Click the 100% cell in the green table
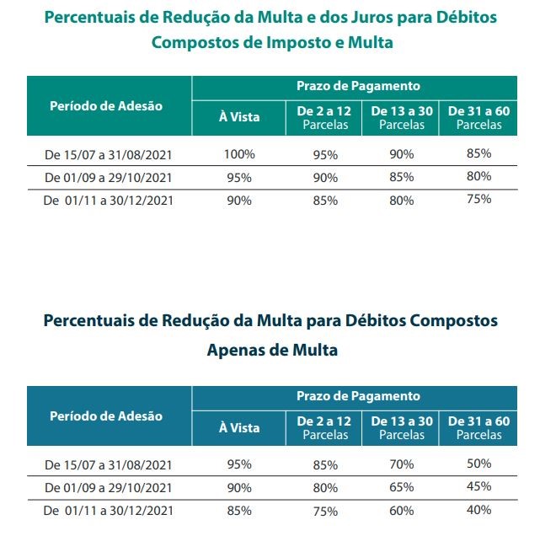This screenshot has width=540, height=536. [239, 154]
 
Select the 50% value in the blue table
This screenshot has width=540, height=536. [479, 464]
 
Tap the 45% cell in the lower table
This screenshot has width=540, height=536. [479, 486]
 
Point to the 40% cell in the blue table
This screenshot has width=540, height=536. [479, 510]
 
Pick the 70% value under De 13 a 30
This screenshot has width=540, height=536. [402, 464]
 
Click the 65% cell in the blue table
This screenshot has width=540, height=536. [402, 487]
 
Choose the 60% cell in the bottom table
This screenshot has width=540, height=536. [402, 511]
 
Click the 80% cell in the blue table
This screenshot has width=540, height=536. [325, 488]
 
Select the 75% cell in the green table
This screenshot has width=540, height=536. [479, 199]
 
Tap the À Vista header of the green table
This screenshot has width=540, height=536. [239, 116]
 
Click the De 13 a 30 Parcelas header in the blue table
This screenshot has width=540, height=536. [402, 428]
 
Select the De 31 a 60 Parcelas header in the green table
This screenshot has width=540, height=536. [479, 118]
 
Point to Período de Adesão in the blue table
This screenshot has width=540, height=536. [106, 416]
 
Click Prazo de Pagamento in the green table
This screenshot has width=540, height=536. [358, 86]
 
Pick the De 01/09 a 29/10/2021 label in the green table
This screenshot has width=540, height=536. [108, 178]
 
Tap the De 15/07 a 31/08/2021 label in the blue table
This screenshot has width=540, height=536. [108, 465]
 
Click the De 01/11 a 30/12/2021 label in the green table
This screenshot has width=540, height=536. [108, 201]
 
